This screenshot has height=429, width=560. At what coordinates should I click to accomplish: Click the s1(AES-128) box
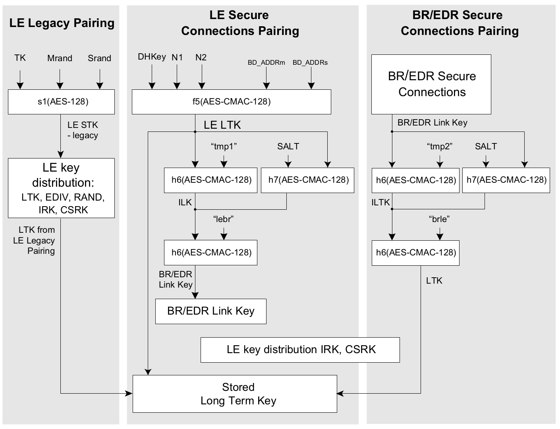pos(61,102)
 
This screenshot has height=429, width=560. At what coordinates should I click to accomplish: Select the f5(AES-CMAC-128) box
pos(231,102)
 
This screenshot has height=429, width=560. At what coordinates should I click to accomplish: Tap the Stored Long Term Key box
pos(234,394)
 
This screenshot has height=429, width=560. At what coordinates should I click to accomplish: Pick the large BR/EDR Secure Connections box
pos(431,84)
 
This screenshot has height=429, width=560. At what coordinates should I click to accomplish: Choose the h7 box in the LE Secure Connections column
pos(307,180)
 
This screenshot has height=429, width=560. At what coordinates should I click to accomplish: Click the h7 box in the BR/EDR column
pos(506,180)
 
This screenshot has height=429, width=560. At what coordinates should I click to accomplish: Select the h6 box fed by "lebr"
pos(210,253)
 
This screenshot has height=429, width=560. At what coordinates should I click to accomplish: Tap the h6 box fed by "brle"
pos(415,253)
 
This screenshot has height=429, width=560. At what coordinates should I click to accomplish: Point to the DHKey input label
pos(152,57)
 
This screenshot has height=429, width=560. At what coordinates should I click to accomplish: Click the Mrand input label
pos(60,58)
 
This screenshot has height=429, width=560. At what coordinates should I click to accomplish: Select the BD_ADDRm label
pos(266,63)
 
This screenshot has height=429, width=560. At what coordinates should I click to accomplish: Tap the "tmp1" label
pos(224,147)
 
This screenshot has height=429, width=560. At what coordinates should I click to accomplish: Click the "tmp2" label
pos(440,147)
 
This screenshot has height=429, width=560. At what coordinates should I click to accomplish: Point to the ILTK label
pos(380,203)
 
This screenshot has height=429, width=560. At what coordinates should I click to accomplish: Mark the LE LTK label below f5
pos(222,125)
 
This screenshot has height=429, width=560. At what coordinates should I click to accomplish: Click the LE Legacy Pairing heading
pos(62,23)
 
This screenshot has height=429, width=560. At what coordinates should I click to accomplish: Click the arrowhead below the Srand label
pos(100,85)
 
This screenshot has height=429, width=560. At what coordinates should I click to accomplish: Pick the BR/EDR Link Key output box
pos(210,311)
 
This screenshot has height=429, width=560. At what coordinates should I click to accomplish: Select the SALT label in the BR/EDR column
pos(485,147)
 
